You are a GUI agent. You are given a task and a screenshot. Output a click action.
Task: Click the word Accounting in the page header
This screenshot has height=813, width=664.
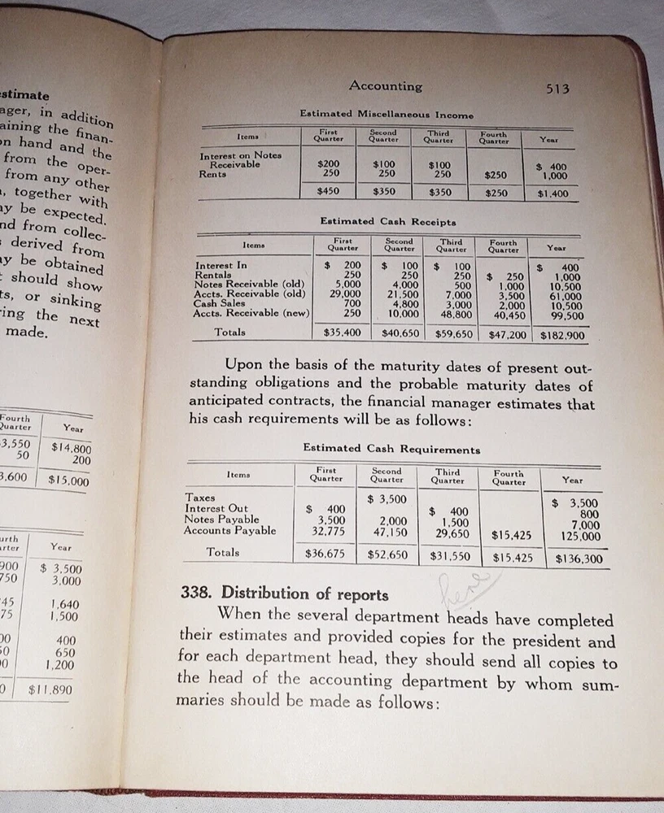point(385,85)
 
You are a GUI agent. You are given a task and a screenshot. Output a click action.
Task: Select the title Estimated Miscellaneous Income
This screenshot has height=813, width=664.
point(387,115)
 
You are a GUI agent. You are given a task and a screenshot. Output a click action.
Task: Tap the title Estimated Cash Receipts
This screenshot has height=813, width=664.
point(388,221)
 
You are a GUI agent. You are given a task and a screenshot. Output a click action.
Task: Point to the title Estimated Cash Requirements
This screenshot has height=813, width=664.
point(391,449)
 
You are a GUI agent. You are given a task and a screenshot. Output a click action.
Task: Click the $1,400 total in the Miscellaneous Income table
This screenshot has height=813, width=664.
point(553,194)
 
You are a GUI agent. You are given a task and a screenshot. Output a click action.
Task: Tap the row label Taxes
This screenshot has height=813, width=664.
point(200,497)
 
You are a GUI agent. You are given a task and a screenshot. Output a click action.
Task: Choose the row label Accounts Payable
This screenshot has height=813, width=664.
point(230,531)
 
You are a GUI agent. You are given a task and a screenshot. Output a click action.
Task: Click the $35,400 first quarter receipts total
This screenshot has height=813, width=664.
point(342,333)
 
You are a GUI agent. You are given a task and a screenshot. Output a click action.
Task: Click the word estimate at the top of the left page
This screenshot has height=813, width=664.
point(26,96)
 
